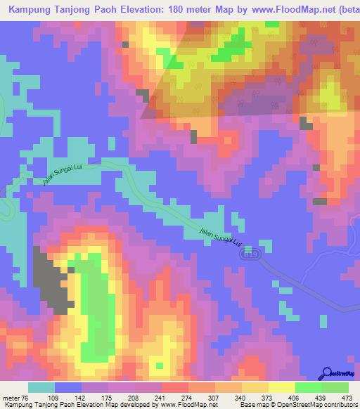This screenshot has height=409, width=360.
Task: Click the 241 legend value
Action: tap(165, 397)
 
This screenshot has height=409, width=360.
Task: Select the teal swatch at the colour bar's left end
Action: tap(41, 387)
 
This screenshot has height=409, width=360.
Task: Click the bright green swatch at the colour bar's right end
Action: tap(335, 387)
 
